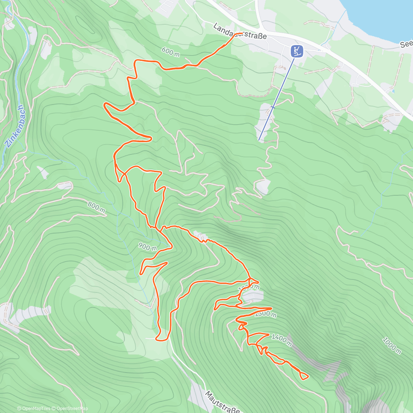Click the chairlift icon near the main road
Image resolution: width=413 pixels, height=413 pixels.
[x=297, y=51]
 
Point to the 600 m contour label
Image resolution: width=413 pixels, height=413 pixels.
[x=171, y=52]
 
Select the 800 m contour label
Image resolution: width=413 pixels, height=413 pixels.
[x=96, y=206]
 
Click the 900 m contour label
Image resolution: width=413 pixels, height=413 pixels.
[x=148, y=246]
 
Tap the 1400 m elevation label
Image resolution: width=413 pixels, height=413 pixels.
[x=281, y=339]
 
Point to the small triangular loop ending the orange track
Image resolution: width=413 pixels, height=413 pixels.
[x=304, y=376]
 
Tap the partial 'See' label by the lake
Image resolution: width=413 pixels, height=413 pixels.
[x=406, y=45]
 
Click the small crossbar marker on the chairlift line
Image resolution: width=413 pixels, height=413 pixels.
[x=273, y=107]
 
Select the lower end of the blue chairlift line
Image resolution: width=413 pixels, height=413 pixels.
[x=259, y=140]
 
